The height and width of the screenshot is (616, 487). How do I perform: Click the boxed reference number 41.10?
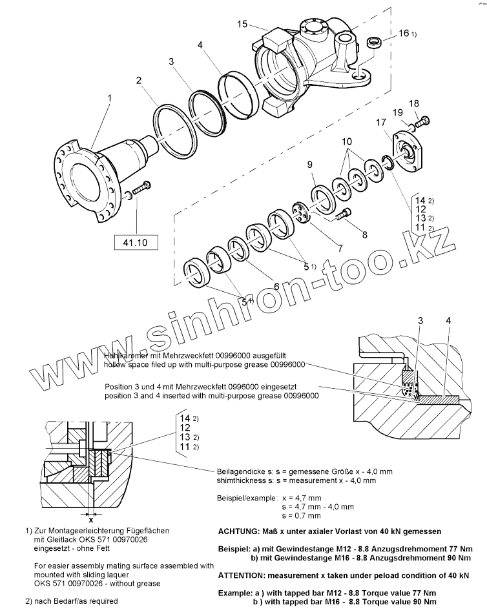pyautogui.click(x=136, y=242)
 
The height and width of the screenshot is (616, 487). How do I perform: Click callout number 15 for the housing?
pyautogui.click(x=242, y=25)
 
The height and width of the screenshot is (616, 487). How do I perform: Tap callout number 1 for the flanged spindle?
pyautogui.click(x=110, y=98)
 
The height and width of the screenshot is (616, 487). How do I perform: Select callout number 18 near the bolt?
pyautogui.click(x=414, y=103)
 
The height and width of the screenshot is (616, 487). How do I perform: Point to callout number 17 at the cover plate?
pyautogui.click(x=381, y=122)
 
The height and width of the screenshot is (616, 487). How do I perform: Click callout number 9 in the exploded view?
pyautogui.click(x=310, y=164)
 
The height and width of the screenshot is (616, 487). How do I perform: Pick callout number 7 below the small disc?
pyautogui.click(x=340, y=248)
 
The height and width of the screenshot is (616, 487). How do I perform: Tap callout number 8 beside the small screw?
pyautogui.click(x=365, y=235)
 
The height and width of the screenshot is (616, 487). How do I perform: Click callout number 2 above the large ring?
pyautogui.click(x=139, y=80)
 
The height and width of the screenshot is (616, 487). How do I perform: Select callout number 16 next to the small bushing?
pyautogui.click(x=404, y=33)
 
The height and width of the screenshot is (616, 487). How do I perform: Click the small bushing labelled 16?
pyautogui.click(x=374, y=43)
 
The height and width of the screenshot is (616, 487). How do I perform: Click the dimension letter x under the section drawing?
pyautogui.click(x=91, y=520)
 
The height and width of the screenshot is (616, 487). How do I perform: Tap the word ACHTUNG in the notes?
pyautogui.click(x=237, y=531)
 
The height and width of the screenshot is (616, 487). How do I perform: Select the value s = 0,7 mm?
pyautogui.click(x=302, y=515)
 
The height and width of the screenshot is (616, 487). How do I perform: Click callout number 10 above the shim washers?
pyautogui.click(x=347, y=141)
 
